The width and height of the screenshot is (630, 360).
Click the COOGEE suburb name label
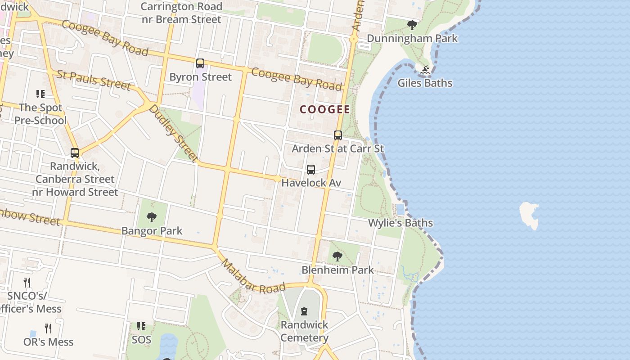click(x=325, y=109)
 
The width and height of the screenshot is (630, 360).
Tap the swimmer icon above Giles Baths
click(x=425, y=70)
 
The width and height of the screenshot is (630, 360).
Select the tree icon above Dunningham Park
click(x=412, y=25)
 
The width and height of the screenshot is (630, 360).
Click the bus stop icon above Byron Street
click(x=200, y=63)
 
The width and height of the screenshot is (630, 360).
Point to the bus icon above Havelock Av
click(x=311, y=170)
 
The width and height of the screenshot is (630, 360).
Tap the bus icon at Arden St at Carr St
click(x=338, y=135)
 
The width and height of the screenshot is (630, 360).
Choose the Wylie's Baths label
click(x=400, y=223)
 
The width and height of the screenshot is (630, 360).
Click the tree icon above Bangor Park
click(x=152, y=218)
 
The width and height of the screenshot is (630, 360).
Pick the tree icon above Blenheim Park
click(x=337, y=257)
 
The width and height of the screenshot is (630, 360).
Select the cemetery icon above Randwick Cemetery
click(x=304, y=311)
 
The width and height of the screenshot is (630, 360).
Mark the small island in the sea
click(x=530, y=215)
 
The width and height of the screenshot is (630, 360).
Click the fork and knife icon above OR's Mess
click(x=48, y=328)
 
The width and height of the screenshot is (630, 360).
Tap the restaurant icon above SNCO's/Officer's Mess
click(x=27, y=283)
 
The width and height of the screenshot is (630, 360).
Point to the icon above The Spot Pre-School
click(x=40, y=94)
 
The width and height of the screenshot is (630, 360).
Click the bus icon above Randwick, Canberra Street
click(x=75, y=153)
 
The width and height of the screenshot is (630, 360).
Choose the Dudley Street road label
click(x=173, y=133)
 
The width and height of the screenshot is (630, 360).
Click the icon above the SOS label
click(x=141, y=326)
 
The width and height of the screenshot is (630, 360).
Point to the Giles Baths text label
click(x=425, y=83)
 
